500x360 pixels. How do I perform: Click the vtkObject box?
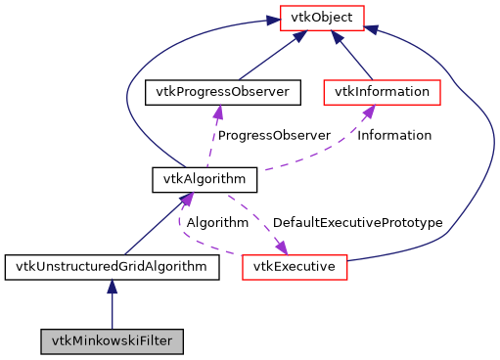coord(322,17)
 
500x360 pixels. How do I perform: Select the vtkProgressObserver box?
coord(216,92)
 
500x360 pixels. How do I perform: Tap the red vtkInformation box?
coord(382,92)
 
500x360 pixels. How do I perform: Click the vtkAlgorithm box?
coord(205,179)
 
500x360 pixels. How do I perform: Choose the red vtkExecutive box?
coord(294,266)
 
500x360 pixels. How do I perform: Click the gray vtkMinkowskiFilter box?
coord(112,341)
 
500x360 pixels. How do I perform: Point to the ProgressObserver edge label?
coord(274,135)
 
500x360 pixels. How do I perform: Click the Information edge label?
coord(394,135)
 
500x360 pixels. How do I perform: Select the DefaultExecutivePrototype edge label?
coord(357,222)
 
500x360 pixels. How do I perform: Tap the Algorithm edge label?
coord(217,222)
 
